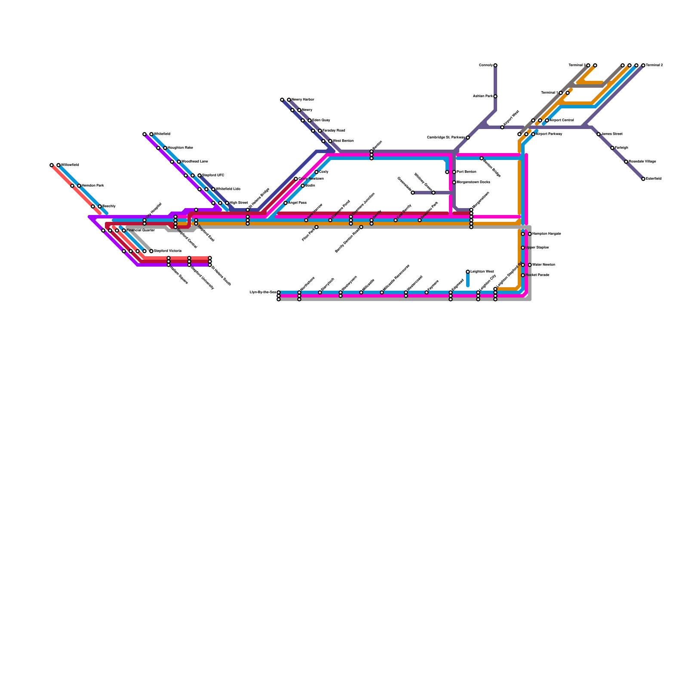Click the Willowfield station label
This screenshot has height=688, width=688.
pyautogui.click(x=70, y=165)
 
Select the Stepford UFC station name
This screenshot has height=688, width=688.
pyautogui.click(x=213, y=175)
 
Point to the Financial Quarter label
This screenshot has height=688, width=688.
pyautogui.click(x=140, y=230)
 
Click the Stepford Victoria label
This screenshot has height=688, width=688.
pyautogui.click(x=167, y=251)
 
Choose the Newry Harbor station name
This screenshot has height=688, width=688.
pyautogui.click(x=303, y=100)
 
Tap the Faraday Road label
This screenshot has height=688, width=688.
pyautogui.click(x=334, y=131)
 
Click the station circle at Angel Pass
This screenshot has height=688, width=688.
pyautogui.click(x=286, y=203)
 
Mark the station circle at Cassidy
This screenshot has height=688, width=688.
pyautogui.click(x=495, y=65)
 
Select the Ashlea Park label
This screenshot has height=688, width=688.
pyautogui.click(x=482, y=96)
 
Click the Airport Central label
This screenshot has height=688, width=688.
pyautogui.click(x=562, y=120)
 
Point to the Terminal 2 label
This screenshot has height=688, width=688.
pyautogui.click(x=654, y=65)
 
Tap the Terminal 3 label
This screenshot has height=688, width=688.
pyautogui.click(x=577, y=65)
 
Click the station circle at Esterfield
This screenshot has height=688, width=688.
pyautogui.click(x=643, y=179)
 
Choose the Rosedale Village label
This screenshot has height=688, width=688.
pyautogui.click(x=642, y=162)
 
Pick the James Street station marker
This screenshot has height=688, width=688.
pyautogui.click(x=599, y=134)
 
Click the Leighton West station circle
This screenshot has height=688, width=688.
pyautogui.click(x=468, y=272)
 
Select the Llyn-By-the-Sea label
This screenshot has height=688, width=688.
pyautogui.click(x=263, y=292)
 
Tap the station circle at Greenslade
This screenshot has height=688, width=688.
pyautogui.click(x=413, y=193)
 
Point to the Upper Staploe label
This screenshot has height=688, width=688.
pyautogui.click(x=537, y=248)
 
